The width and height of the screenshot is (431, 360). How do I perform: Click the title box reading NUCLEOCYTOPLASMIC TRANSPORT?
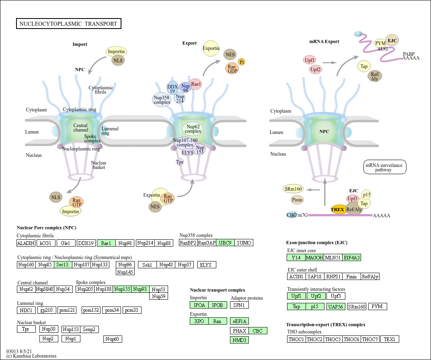[x=68, y=24]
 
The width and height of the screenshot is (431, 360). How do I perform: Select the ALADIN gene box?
[x=26, y=243]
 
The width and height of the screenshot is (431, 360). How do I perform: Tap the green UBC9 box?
[x=226, y=243]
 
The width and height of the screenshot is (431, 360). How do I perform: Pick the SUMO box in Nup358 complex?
[x=244, y=243]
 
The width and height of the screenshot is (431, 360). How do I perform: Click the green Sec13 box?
[x=64, y=264]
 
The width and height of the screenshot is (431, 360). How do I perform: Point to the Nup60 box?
[x=113, y=339]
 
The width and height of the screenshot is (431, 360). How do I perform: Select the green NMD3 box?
[x=239, y=340]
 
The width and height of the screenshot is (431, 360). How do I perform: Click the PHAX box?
[x=239, y=331]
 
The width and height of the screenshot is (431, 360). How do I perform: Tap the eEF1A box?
[x=239, y=321]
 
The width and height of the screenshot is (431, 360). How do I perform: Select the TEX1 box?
[x=390, y=339]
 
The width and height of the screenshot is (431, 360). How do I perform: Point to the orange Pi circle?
[x=242, y=62]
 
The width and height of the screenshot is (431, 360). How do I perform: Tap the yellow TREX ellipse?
[x=337, y=209]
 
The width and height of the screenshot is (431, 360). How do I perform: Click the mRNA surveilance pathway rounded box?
[x=385, y=167]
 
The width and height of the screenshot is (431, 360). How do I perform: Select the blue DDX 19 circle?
[x=172, y=88]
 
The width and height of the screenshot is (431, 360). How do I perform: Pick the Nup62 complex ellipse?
[x=193, y=129]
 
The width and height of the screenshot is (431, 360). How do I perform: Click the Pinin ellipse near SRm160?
[x=297, y=200]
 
